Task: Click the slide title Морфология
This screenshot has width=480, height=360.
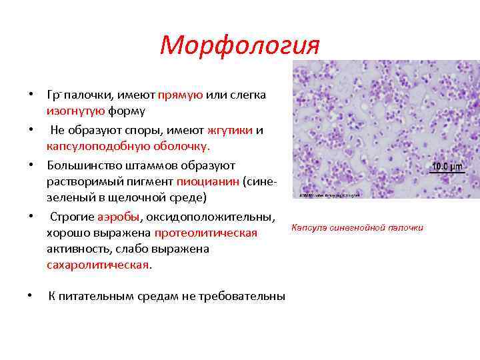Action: [x=240, y=45]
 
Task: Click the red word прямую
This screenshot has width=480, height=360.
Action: [x=181, y=95]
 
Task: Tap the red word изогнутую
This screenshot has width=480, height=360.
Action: [x=72, y=111]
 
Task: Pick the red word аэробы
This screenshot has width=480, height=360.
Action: [x=119, y=217]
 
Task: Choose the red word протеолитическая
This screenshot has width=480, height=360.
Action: [x=206, y=233]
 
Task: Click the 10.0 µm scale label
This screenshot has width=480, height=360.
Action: [x=447, y=166]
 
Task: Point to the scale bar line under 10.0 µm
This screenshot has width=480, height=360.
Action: [x=447, y=173]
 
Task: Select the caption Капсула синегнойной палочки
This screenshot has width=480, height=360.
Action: [x=357, y=228]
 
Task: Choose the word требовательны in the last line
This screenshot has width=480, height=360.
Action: [x=247, y=296]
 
